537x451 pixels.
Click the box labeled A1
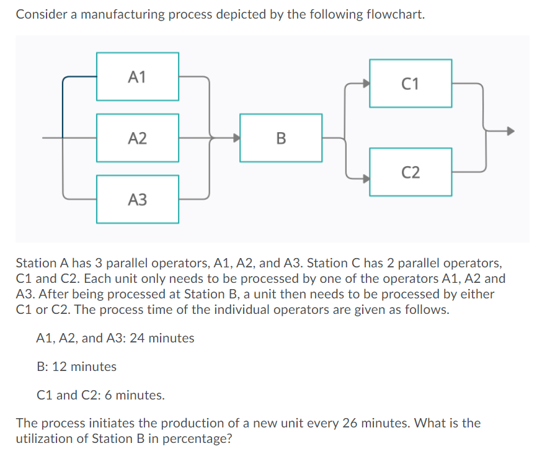pyautogui.click(x=137, y=76)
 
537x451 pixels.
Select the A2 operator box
pyautogui.click(x=137, y=138)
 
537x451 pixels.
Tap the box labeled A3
pyautogui.click(x=137, y=199)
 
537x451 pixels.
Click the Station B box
pyautogui.click(x=280, y=138)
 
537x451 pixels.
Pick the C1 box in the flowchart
pyautogui.click(x=410, y=83)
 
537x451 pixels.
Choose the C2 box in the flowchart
pyautogui.click(x=410, y=172)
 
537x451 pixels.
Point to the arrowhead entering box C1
pyautogui.click(x=366, y=83)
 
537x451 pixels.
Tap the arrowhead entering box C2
pyautogui.click(x=366, y=177)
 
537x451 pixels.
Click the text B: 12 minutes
pyautogui.click(x=77, y=367)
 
